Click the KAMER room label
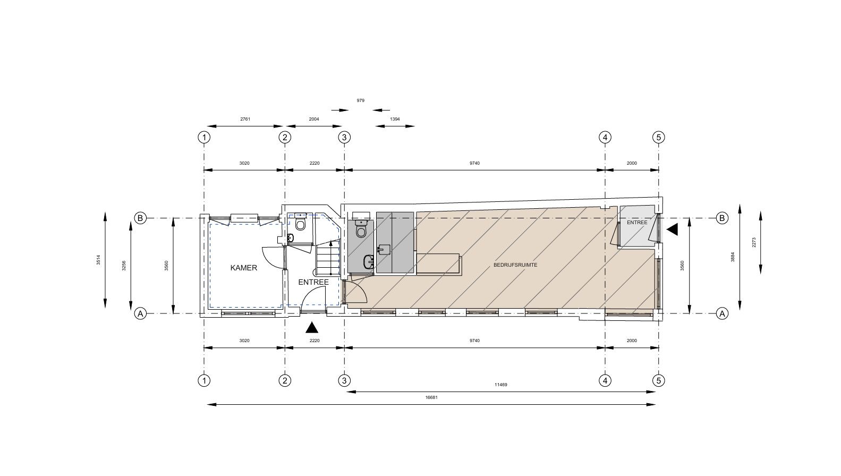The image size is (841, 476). pos(244,268)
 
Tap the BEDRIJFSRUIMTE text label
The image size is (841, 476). pos(515,265)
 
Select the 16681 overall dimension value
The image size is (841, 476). pos(431,397)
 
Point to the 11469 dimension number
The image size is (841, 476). pos(501,385)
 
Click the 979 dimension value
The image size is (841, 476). pos(360,100)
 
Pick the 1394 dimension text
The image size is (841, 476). pos(395,119)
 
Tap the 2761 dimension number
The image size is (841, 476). pos(245,119)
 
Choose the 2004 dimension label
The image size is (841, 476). pos(314,119)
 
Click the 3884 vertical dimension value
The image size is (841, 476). pos(733,257)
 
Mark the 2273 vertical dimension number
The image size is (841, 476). pos(753,242)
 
